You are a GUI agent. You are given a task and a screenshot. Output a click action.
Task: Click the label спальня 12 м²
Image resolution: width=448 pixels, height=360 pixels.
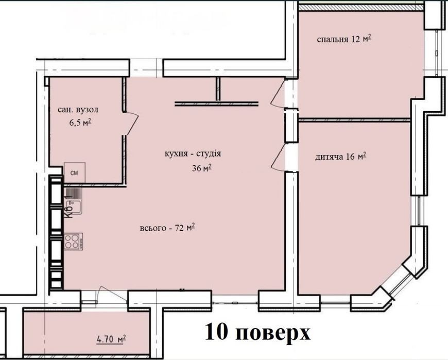(x=344, y=39)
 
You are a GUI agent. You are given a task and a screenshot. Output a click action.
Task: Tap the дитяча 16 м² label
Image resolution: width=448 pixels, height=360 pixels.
(x=340, y=157)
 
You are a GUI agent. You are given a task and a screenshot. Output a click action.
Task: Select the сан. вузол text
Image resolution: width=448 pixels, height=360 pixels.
(x=78, y=109)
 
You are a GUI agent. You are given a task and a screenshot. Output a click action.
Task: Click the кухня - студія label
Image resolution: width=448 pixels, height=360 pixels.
(x=193, y=153)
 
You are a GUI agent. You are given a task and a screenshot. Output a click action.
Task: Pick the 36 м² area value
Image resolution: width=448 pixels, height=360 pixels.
(x=202, y=168)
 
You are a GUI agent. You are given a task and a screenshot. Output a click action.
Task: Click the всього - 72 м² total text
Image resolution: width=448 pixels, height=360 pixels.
(x=167, y=228)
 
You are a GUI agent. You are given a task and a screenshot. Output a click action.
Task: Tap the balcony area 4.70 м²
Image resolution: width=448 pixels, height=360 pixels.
(x=112, y=339)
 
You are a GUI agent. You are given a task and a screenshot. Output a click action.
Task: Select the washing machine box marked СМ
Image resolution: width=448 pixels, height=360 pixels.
(x=75, y=173)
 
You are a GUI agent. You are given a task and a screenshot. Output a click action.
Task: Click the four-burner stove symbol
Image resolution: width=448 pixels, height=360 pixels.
(x=74, y=242)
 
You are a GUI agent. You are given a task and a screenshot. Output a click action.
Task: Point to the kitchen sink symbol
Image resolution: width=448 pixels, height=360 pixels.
(x=74, y=201)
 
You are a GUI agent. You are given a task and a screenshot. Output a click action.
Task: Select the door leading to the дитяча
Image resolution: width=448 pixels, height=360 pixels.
(x=278, y=158)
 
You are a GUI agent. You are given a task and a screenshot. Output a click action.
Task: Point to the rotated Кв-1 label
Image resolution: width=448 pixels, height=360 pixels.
(x=68, y=207)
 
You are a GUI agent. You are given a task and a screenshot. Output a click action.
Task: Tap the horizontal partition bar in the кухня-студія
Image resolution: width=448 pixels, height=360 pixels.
(x=217, y=104)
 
